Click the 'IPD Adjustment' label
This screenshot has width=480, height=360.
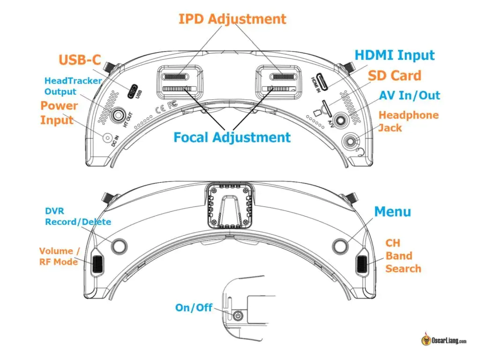click(x=232, y=19)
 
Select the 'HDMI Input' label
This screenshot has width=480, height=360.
click(x=395, y=55)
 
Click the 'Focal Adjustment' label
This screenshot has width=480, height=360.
click(x=232, y=137)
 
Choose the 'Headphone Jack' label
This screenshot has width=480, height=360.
click(x=408, y=121)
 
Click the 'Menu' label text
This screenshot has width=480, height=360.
click(x=392, y=211)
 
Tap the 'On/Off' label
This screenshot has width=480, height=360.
click(x=194, y=308)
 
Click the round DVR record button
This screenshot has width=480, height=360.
click(x=119, y=245)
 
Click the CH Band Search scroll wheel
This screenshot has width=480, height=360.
click(x=363, y=265)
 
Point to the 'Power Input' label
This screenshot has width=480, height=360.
click(x=56, y=112)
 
